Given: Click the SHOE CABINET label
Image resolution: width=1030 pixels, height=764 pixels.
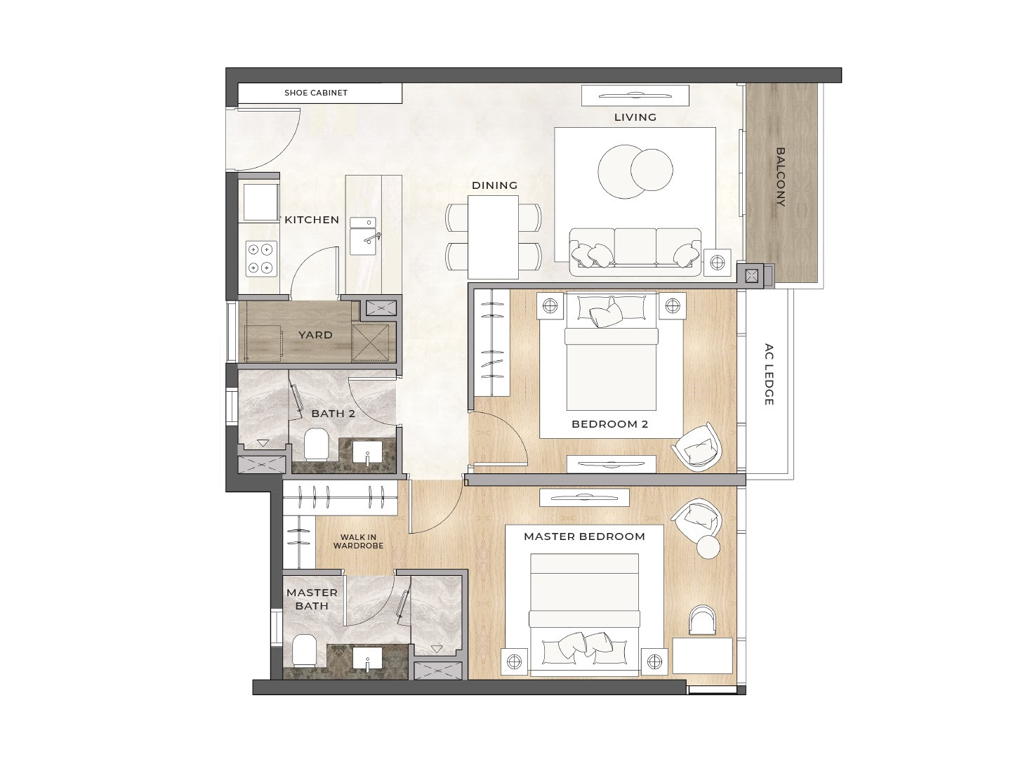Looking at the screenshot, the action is (316, 93).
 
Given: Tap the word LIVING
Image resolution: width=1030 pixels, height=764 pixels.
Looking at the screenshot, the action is (635, 117).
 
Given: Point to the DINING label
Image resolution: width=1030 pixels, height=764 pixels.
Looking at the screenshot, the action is (494, 185).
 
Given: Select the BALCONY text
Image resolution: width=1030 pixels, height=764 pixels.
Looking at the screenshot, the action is (781, 177).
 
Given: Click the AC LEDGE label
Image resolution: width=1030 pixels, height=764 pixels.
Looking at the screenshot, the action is (769, 374).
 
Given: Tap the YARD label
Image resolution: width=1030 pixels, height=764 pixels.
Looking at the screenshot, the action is (315, 335).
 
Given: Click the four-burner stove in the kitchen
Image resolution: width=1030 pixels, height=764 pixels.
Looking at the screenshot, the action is (260, 258).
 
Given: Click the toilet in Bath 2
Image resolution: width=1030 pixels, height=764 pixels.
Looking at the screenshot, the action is (316, 444).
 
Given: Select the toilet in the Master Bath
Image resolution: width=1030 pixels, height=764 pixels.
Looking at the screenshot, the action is (305, 650).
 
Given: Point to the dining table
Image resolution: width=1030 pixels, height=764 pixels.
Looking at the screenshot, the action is (493, 237).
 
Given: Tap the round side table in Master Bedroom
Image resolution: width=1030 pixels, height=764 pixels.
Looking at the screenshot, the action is (708, 546).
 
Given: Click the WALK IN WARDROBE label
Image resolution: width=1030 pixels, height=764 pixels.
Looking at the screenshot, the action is (358, 541).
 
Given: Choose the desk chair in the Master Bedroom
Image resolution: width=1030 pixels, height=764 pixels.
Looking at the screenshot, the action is (703, 620).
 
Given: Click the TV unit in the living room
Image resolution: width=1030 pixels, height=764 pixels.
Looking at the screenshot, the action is (635, 96).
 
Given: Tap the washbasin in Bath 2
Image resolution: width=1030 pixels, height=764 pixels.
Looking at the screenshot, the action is (367, 452).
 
